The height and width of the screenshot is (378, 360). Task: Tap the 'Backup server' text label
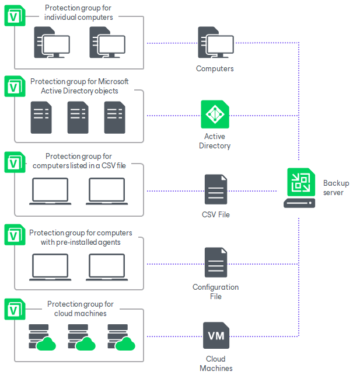(x=336, y=188)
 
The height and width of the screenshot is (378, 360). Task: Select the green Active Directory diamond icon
(x=215, y=115)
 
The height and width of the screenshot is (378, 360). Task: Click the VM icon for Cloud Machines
(x=216, y=336)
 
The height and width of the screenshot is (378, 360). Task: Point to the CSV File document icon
(x=216, y=189)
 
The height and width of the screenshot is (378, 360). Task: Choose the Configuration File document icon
(x=216, y=263)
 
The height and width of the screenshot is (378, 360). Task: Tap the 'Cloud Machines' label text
(x=216, y=363)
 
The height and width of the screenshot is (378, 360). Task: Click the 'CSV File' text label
(x=216, y=214)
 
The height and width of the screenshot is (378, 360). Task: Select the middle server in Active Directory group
(x=78, y=117)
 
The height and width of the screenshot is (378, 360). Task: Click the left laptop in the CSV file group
(x=50, y=191)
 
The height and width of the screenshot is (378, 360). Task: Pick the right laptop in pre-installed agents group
(x=107, y=268)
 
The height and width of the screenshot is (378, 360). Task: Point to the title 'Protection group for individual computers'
(x=79, y=12)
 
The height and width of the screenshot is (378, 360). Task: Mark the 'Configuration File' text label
(x=216, y=292)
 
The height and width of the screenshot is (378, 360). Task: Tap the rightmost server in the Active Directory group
(x=114, y=117)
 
